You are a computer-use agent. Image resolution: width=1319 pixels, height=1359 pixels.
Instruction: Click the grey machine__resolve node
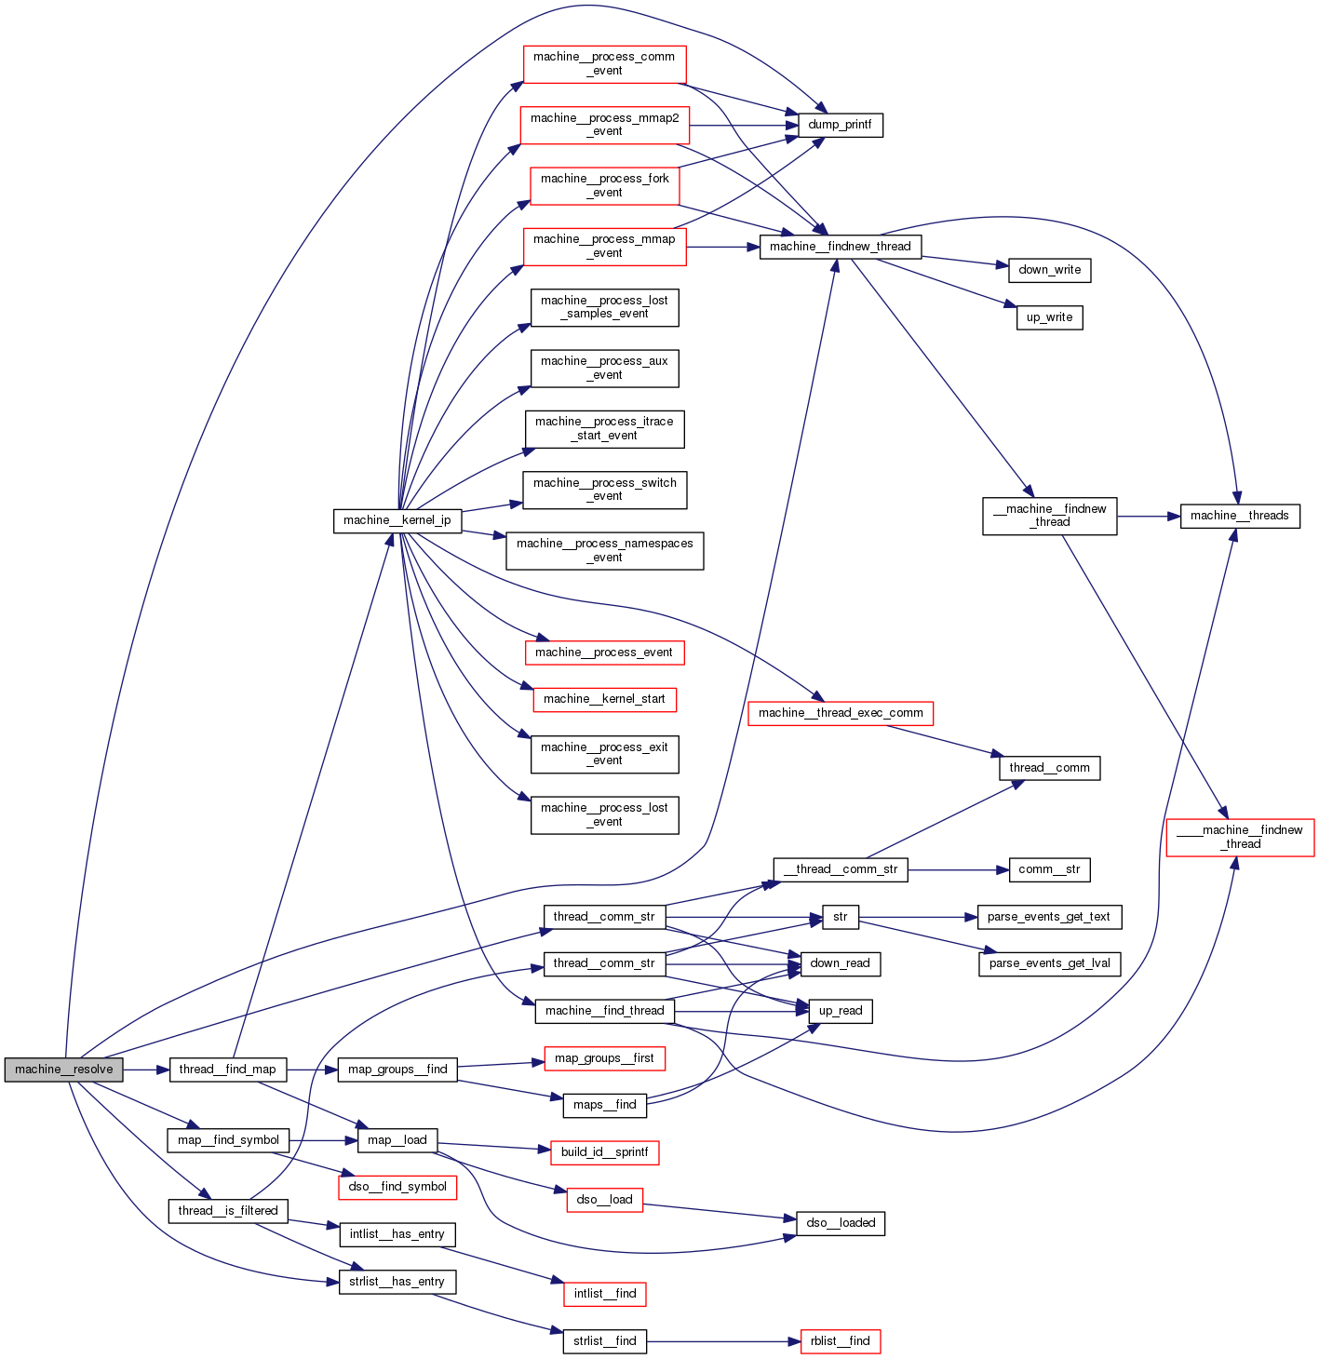(63, 1070)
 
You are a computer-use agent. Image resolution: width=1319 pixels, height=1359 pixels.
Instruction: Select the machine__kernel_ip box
(397, 520)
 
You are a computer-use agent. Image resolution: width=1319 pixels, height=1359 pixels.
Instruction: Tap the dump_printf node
(840, 125)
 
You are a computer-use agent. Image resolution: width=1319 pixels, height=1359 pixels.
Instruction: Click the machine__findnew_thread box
(840, 247)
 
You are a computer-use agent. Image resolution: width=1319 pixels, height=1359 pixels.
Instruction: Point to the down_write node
(1049, 270)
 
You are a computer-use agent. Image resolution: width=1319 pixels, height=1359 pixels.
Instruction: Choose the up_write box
(1049, 317)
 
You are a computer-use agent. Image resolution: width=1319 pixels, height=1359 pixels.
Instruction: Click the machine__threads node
(1239, 516)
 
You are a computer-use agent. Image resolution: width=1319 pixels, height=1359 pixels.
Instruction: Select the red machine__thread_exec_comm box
(840, 713)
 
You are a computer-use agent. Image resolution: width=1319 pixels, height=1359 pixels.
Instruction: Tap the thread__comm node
(1049, 768)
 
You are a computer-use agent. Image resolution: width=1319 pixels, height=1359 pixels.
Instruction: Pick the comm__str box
(1049, 869)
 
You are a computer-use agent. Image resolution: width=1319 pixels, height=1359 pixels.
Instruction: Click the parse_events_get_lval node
(1049, 963)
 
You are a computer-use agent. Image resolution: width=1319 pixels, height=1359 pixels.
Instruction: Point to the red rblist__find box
(840, 1341)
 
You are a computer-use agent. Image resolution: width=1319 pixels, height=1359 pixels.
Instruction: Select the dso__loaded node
(840, 1223)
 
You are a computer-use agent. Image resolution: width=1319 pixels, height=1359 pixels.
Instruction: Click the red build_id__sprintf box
(604, 1152)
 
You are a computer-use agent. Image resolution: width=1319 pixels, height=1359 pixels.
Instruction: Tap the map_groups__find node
(397, 1070)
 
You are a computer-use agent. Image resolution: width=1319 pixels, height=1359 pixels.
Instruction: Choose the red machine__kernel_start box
(604, 699)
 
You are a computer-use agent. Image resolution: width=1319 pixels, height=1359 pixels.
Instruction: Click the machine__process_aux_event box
(604, 368)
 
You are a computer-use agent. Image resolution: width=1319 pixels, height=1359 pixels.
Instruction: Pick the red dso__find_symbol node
(397, 1187)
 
